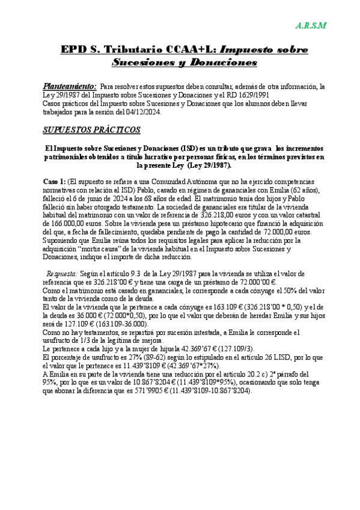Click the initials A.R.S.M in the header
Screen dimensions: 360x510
click(x=311, y=25)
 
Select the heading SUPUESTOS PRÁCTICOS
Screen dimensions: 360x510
click(x=91, y=129)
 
